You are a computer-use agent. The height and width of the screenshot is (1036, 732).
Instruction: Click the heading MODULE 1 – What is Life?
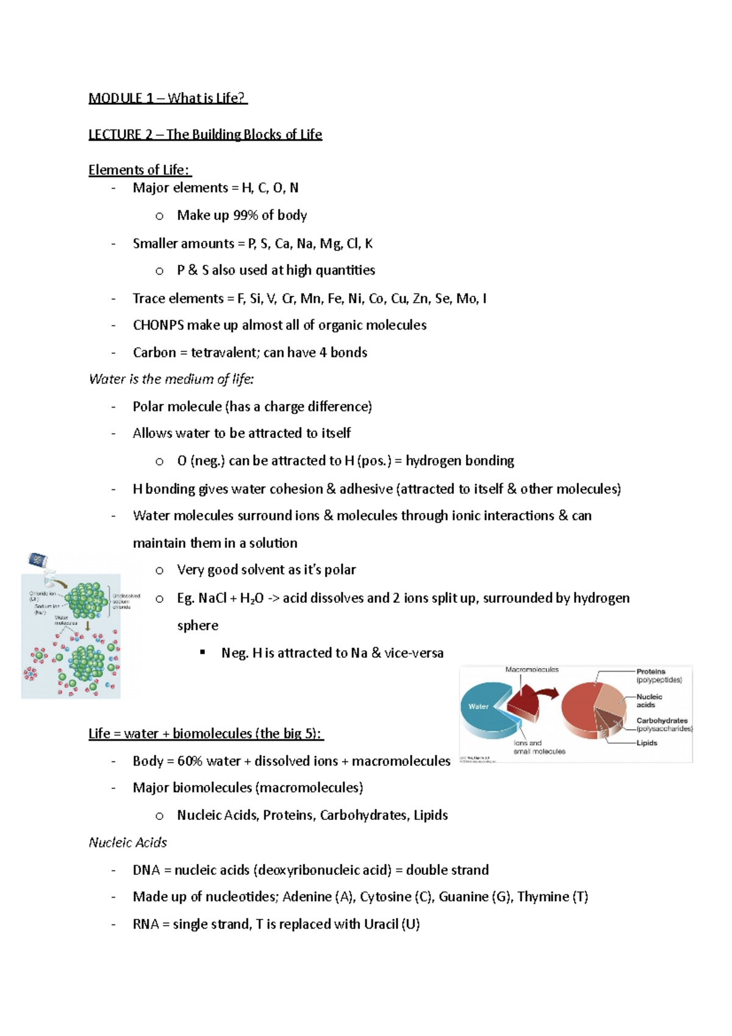[168, 98]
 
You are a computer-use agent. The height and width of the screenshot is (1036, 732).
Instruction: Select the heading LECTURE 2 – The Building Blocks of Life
[205, 134]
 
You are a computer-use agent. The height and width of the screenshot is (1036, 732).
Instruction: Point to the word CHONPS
[158, 325]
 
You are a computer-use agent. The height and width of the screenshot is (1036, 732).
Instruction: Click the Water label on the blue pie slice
[478, 707]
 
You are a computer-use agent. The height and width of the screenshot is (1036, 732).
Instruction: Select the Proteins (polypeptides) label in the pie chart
[658, 675]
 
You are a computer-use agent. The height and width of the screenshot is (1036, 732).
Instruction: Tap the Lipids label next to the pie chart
[647, 743]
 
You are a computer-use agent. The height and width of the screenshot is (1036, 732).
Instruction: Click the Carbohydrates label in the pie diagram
[662, 721]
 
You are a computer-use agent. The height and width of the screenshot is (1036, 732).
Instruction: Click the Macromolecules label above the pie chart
[532, 669]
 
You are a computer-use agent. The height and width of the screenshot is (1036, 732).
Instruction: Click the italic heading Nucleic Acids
[127, 843]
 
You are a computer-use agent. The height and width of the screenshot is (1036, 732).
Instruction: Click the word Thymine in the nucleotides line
[543, 897]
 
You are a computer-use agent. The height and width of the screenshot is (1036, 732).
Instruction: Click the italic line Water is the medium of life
[171, 380]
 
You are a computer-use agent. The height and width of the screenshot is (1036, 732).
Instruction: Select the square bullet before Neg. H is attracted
[203, 653]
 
